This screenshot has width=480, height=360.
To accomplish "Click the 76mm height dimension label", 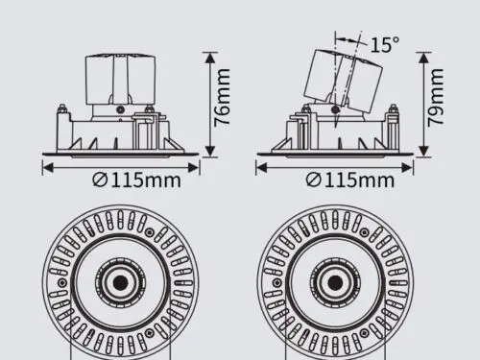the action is pyautogui.click(x=222, y=97).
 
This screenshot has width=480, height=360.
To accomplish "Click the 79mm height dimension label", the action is pyautogui.click(x=436, y=97).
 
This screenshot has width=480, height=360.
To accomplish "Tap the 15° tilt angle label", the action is pyautogui.click(x=385, y=44).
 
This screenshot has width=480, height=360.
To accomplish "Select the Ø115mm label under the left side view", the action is pyautogui.click(x=136, y=180).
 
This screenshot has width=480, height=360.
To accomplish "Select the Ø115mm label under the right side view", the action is pyautogui.click(x=350, y=180).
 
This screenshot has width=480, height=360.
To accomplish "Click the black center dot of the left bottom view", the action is pyautogui.click(x=121, y=282).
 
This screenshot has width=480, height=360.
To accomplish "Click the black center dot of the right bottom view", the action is pyautogui.click(x=335, y=282).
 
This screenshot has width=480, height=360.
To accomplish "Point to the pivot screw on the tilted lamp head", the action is pyautogui.click(x=336, y=109).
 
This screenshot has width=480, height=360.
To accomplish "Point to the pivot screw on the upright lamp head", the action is pyautogui.click(x=121, y=109).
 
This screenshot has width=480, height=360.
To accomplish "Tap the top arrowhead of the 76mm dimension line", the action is pyautogui.click(x=209, y=59).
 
